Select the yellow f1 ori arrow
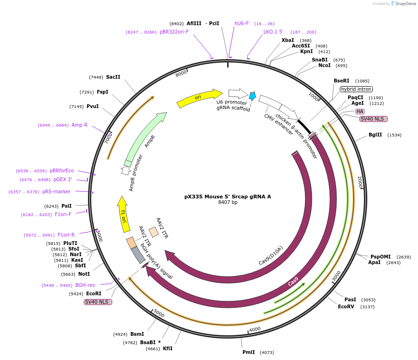pos(123,214)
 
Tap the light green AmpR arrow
pos(144,137)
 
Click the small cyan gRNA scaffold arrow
pos(252,96)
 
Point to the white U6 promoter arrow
pos(237,94)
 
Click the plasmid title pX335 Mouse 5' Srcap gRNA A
pos(228,197)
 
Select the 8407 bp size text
pos(228,203)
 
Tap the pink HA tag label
pos(360,111)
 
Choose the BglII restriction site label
pos(375,135)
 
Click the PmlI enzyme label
pos(249,353)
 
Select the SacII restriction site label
pos(113,77)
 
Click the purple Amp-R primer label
pos(80,125)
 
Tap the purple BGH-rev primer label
pos(85,285)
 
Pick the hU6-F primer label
pos(242,23)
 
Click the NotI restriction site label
pos(84,274)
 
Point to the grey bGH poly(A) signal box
pos(138,255)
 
